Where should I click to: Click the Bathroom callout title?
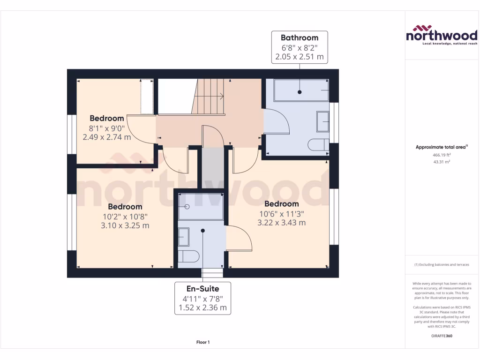coord(299,37)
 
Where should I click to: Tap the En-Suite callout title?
coord(203,288)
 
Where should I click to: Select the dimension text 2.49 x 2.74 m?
coord(107,137)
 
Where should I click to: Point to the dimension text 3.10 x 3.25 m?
coord(125,225)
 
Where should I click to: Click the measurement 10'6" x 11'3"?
coord(282,213)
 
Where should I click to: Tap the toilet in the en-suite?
coord(188,256)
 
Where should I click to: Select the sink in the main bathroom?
coord(323,121)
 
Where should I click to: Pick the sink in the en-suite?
coord(183,237)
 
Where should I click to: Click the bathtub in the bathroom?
coord(300,90)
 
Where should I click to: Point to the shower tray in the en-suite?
coord(201,206)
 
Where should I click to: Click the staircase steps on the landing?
coord(209,97)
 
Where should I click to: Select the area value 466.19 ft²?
coord(442,155)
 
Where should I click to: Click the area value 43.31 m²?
coord(442,162)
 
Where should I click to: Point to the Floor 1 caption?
coord(203,343)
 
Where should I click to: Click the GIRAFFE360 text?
coord(442,336)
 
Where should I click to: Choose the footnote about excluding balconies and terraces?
coord(442,265)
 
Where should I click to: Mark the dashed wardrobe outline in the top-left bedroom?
coord(147,97)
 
